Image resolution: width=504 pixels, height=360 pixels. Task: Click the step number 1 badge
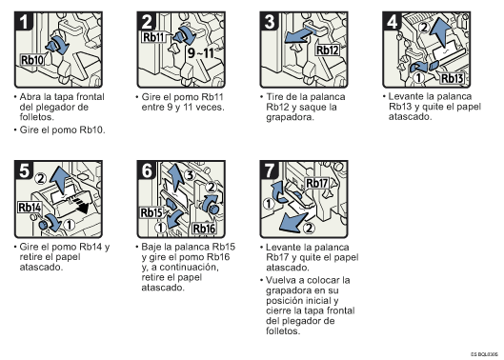pyautogui.click(x=24, y=21)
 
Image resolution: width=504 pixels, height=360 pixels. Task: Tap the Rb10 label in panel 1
pyautogui.click(x=32, y=60)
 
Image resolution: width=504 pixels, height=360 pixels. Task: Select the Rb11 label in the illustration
pyautogui.click(x=153, y=37)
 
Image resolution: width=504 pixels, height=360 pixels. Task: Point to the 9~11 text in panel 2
pyautogui.click(x=201, y=52)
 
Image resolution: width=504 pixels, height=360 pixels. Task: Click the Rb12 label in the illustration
pyautogui.click(x=328, y=50)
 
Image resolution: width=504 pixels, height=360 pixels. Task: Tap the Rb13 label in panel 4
pyautogui.click(x=452, y=78)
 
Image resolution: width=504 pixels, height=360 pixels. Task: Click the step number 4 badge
pyautogui.click(x=392, y=21)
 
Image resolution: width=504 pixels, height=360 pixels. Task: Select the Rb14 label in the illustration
pyautogui.click(x=30, y=208)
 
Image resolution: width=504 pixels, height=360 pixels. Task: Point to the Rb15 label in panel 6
pyautogui.click(x=151, y=212)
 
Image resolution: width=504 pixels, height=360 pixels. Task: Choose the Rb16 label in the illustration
pyautogui.click(x=204, y=229)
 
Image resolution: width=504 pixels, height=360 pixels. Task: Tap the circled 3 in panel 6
pyautogui.click(x=190, y=175)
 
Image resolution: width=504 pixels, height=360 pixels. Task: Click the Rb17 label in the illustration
pyautogui.click(x=317, y=183)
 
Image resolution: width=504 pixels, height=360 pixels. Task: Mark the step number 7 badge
pyautogui.click(x=270, y=170)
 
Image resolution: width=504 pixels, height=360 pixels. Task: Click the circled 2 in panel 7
pyautogui.click(x=309, y=228)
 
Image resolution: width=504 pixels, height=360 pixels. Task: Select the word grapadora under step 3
pyautogui.click(x=290, y=117)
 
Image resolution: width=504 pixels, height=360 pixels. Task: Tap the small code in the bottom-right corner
pyautogui.click(x=484, y=354)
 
